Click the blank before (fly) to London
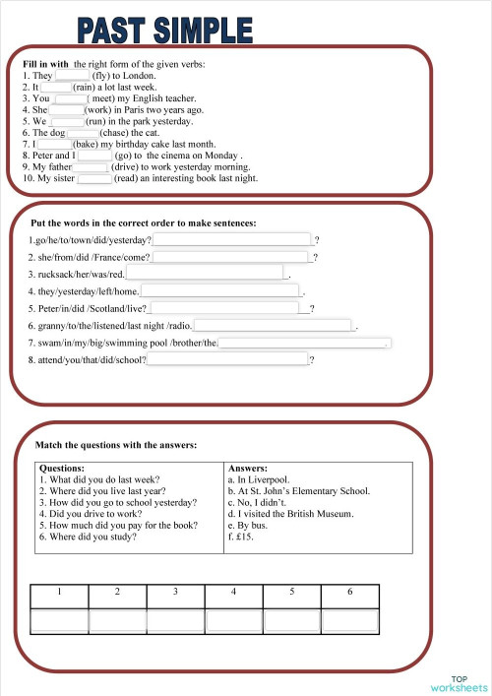pyautogui.click(x=72, y=75)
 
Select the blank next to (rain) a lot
pyautogui.click(x=56, y=87)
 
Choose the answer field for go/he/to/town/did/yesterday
pyautogui.click(x=232, y=240)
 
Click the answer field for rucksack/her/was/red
pyautogui.click(x=205, y=274)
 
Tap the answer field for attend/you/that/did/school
pyautogui.click(x=227, y=360)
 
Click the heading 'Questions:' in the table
pyautogui.click(x=62, y=469)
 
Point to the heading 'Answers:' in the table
pyautogui.click(x=248, y=469)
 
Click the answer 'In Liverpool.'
pyautogui.click(x=258, y=479)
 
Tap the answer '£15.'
pyautogui.click(x=242, y=538)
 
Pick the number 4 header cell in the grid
pyautogui.click(x=233, y=592)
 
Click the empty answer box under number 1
pyautogui.click(x=59, y=620)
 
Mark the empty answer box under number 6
pyautogui.click(x=349, y=620)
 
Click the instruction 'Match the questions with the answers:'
pyautogui.click(x=116, y=446)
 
